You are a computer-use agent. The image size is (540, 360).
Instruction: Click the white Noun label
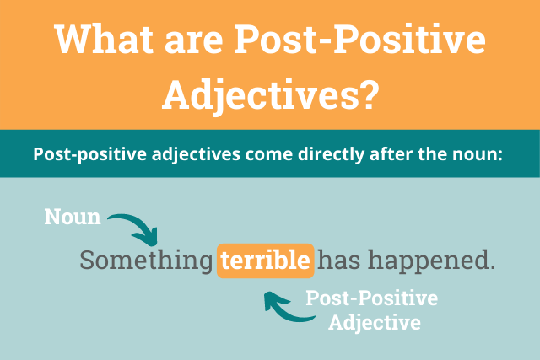73,218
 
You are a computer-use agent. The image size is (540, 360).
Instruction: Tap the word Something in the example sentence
147,261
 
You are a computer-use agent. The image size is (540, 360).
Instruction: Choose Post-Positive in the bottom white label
372,300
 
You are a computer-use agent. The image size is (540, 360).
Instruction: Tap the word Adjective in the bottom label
375,323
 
